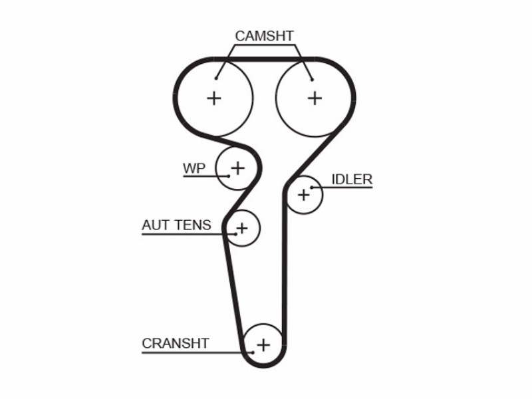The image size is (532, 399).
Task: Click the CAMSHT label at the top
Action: click(x=264, y=36)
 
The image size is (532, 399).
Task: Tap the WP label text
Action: click(x=194, y=168)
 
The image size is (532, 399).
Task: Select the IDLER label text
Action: click(x=352, y=180)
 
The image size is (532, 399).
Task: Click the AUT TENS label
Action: click(x=176, y=225)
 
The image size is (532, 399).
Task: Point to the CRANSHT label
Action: click(x=176, y=343)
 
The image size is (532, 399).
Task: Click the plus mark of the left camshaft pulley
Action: click(x=214, y=98)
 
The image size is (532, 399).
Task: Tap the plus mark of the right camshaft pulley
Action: click(x=315, y=98)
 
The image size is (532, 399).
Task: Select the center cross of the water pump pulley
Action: click(x=238, y=168)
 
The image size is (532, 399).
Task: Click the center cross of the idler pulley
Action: click(x=304, y=195)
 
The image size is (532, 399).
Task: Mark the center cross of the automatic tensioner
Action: click(x=242, y=228)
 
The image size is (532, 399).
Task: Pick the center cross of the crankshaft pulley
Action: click(x=263, y=345)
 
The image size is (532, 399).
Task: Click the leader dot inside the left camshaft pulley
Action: click(x=216, y=78)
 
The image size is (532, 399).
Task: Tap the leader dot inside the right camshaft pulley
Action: click(x=312, y=80)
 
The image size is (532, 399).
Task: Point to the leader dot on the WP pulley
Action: click(x=229, y=176)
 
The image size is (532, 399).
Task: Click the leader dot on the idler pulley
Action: click(x=311, y=188)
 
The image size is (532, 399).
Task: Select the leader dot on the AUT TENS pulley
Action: click(x=236, y=234)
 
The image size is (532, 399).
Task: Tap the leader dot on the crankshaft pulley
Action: click(x=253, y=352)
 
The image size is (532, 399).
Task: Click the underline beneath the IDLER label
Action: click(x=342, y=188)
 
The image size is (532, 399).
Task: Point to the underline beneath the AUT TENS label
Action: click(x=189, y=234)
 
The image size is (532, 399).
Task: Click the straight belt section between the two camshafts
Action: click(x=265, y=59)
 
